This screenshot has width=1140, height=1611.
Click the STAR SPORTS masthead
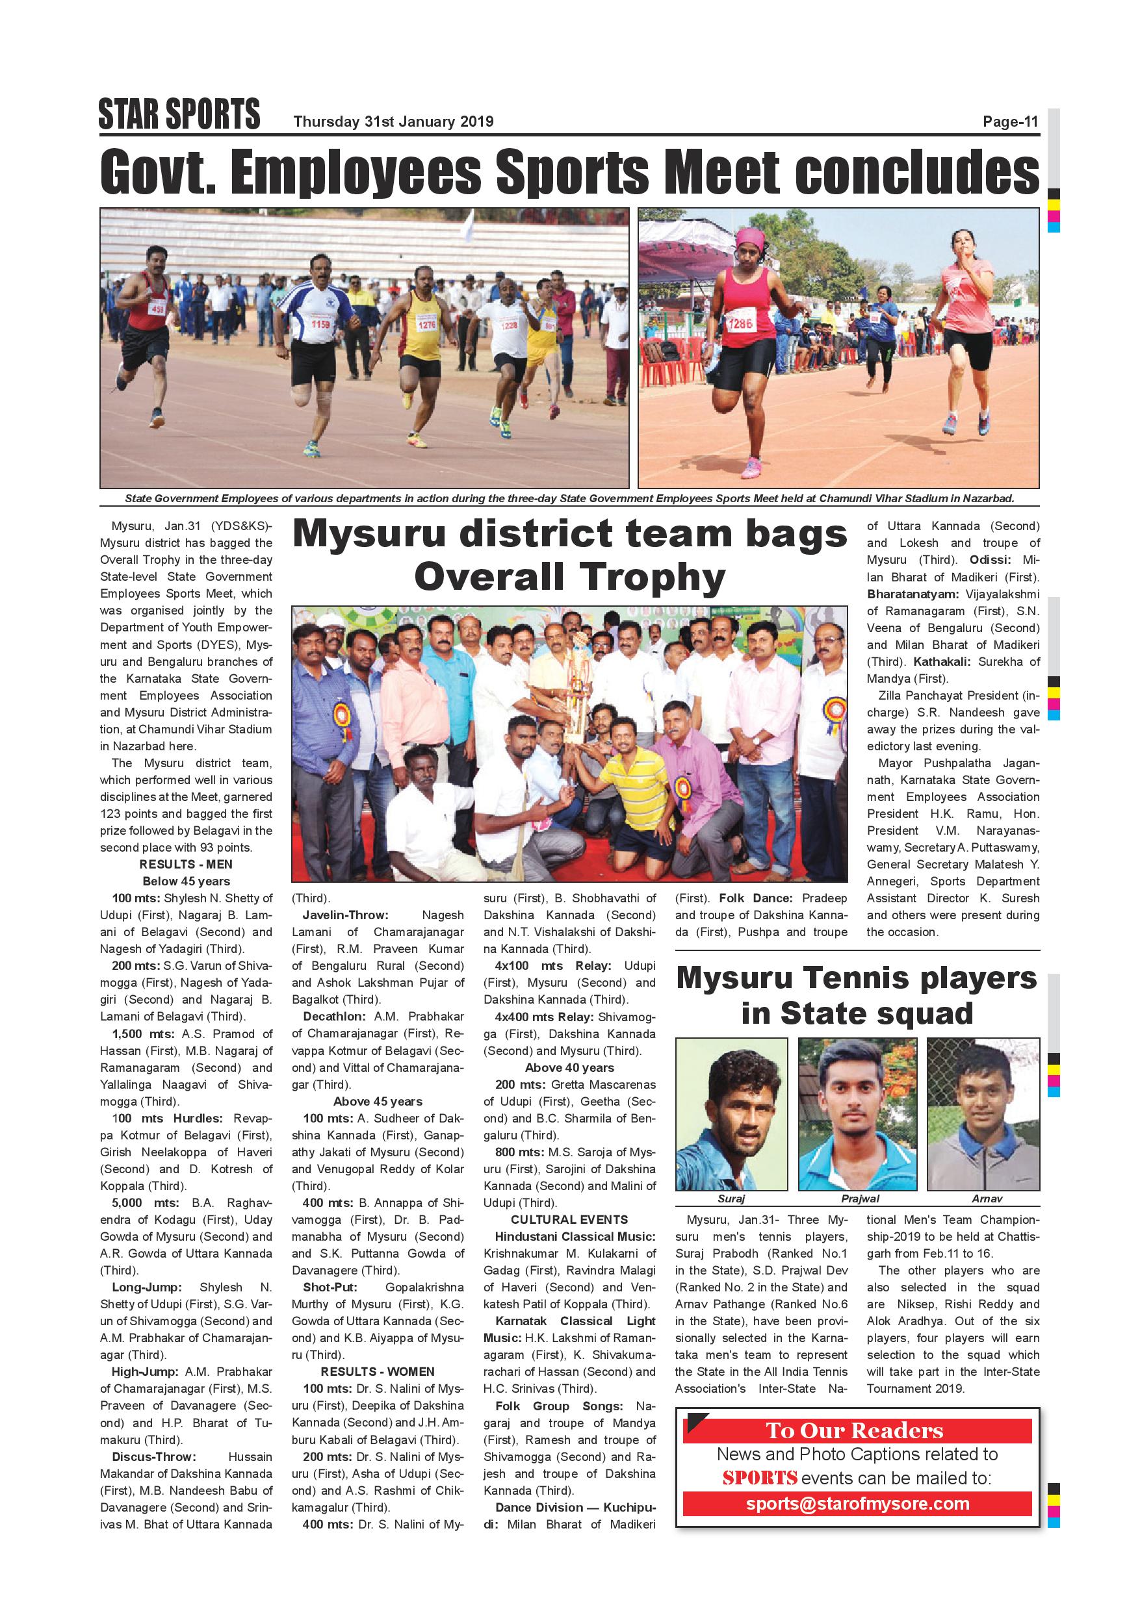179,114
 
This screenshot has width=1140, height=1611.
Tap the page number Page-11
1010,122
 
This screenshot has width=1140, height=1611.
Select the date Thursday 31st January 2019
393,122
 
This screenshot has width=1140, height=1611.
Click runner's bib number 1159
320,324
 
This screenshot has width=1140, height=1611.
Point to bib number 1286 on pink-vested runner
740,323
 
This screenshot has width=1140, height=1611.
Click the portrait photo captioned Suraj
731,1113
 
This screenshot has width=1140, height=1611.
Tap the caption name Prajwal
860,1199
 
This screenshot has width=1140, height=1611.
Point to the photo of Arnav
983,1113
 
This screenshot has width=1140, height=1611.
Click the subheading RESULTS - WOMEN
378,1372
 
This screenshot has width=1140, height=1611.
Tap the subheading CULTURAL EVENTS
569,1219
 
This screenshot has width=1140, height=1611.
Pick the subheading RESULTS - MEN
186,865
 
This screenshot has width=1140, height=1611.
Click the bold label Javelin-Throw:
344,915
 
